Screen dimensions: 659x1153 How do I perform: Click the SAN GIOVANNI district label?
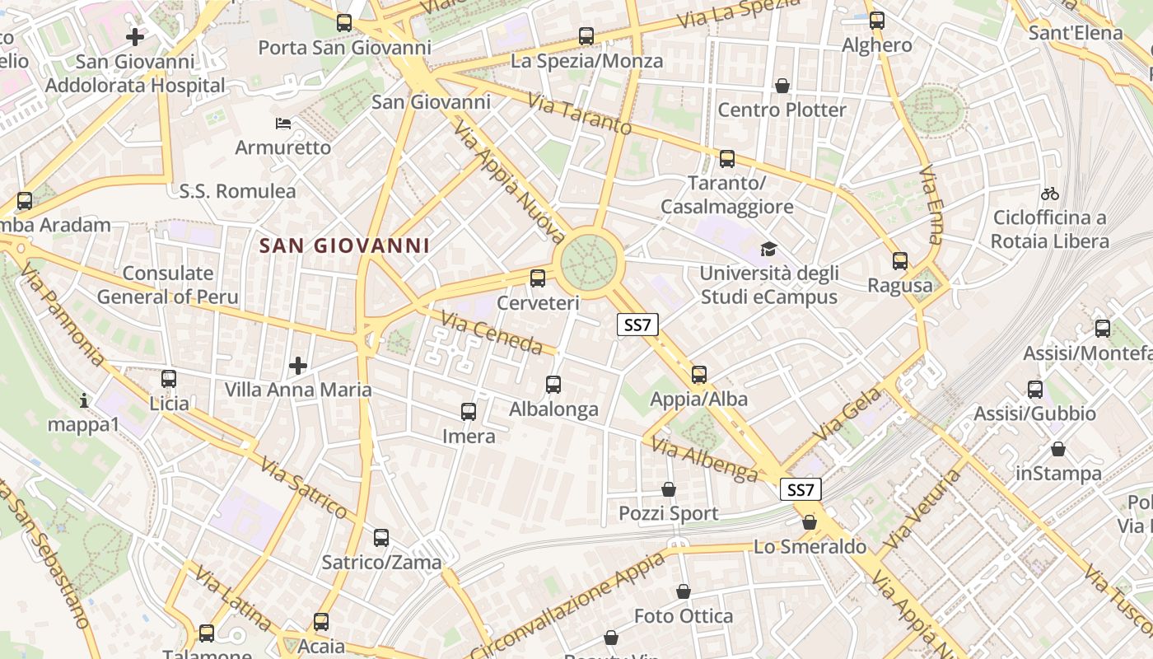(344, 245)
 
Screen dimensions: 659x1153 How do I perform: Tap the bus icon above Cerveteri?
(538, 278)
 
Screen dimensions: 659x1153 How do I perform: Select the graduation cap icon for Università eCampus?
(768, 249)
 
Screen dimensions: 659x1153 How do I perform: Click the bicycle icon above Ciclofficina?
(1049, 194)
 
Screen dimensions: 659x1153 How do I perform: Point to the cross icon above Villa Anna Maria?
(298, 365)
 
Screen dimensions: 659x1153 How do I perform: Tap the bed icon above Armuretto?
(282, 124)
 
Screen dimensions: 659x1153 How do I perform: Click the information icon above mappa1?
(84, 401)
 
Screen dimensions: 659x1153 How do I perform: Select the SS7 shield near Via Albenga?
(801, 490)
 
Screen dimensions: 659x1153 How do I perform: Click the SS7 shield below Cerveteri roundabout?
(637, 325)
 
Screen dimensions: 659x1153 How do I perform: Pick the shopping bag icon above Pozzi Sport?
(669, 489)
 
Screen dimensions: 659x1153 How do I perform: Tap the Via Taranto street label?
(580, 115)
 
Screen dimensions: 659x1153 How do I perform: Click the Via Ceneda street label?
(492, 332)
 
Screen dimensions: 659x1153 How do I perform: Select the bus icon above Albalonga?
(553, 385)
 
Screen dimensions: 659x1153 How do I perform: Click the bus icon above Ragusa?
(899, 261)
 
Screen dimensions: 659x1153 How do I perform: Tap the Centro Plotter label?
(782, 110)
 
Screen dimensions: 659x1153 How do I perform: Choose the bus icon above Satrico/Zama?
(381, 538)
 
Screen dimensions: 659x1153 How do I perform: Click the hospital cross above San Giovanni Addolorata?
(135, 36)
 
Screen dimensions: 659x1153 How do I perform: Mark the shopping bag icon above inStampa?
(1058, 449)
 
